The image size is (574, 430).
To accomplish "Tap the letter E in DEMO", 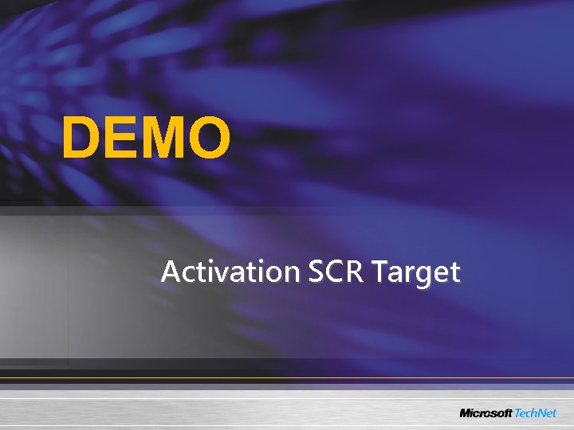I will click(x=122, y=137).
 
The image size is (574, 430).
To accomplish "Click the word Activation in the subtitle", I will click(x=229, y=272).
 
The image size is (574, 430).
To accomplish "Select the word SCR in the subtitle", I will click(x=333, y=272).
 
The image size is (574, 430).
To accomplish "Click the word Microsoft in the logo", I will click(x=486, y=412).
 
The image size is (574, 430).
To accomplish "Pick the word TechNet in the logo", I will click(x=538, y=412).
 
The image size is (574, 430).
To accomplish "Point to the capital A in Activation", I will click(x=170, y=272).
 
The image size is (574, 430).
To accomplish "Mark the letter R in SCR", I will click(x=352, y=272).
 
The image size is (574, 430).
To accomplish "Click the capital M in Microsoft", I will click(x=466, y=412).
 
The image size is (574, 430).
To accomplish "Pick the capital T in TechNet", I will click(x=518, y=412).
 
